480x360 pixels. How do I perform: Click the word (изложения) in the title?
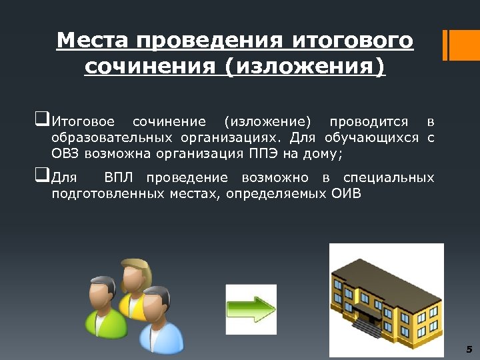click(306, 68)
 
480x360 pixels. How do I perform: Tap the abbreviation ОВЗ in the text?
click(66, 155)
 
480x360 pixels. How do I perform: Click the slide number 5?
click(469, 349)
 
